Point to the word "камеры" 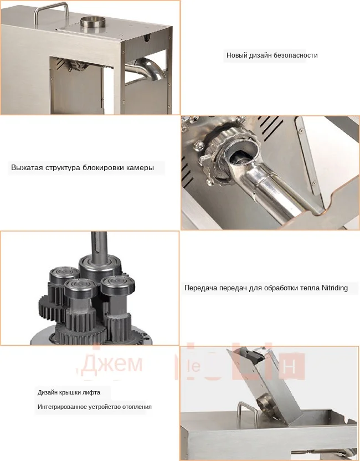[140, 167]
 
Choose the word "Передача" [201, 288]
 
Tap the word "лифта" [91, 392]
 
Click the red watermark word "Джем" [111, 363]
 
